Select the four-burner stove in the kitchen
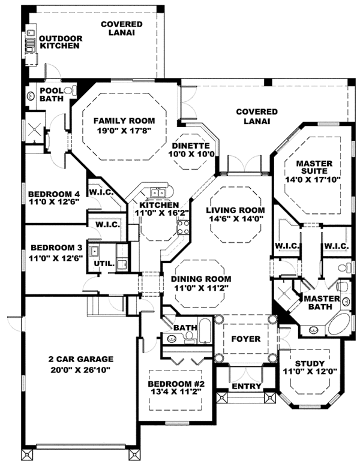[182, 227]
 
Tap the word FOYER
[246, 339]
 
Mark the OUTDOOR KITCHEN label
[61, 42]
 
